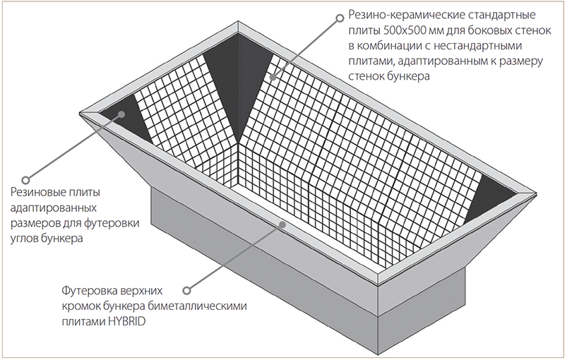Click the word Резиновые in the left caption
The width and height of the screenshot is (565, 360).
[36, 192]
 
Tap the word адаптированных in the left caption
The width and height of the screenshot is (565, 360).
[54, 209]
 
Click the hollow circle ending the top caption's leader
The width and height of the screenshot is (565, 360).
[340, 18]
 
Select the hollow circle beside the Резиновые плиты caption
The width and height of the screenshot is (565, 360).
[25, 179]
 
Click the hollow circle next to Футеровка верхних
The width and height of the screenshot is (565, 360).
[186, 290]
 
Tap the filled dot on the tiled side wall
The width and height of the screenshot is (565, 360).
[273, 77]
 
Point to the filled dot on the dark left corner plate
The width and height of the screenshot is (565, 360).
[121, 114]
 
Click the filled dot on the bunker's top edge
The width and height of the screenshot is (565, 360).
[282, 224]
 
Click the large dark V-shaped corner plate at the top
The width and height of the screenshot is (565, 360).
[238, 72]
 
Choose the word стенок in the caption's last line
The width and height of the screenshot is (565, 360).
[366, 77]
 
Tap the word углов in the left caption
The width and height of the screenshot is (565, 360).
[25, 239]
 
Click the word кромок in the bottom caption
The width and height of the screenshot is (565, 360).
[81, 306]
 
